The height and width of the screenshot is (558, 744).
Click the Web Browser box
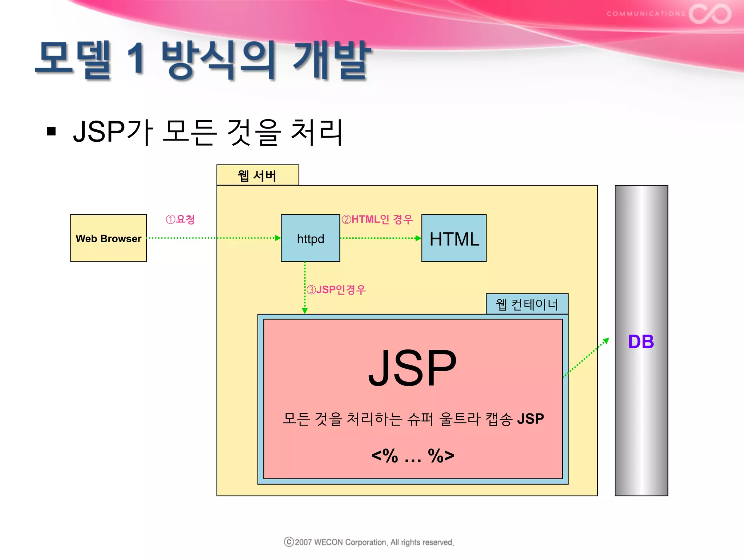pyautogui.click(x=108, y=238)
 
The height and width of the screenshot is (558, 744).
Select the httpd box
pyautogui.click(x=310, y=238)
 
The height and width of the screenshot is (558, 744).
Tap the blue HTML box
pyautogui.click(x=454, y=238)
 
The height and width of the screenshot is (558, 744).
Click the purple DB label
pyautogui.click(x=641, y=342)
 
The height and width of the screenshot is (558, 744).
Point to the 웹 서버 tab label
pyautogui.click(x=257, y=176)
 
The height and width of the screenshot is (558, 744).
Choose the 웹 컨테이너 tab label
pyautogui.click(x=527, y=304)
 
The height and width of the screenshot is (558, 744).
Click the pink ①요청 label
pyautogui.click(x=180, y=219)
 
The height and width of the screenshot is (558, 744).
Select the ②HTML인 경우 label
pyautogui.click(x=377, y=219)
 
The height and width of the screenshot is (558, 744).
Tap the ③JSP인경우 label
pyautogui.click(x=336, y=290)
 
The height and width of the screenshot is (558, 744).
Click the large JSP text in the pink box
pyautogui.click(x=412, y=368)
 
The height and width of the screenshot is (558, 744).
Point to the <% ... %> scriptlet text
pyautogui.click(x=413, y=456)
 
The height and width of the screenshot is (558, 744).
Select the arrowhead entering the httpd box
pyautogui.click(x=278, y=238)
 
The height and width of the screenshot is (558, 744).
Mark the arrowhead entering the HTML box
pyautogui.click(x=418, y=238)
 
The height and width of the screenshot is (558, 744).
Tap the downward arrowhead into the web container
pyautogui.click(x=305, y=311)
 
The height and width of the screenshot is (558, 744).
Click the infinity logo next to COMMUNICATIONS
pyautogui.click(x=710, y=14)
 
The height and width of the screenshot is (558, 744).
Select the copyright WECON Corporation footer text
pyautogui.click(x=369, y=542)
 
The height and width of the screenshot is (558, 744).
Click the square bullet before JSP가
pyautogui.click(x=51, y=131)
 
